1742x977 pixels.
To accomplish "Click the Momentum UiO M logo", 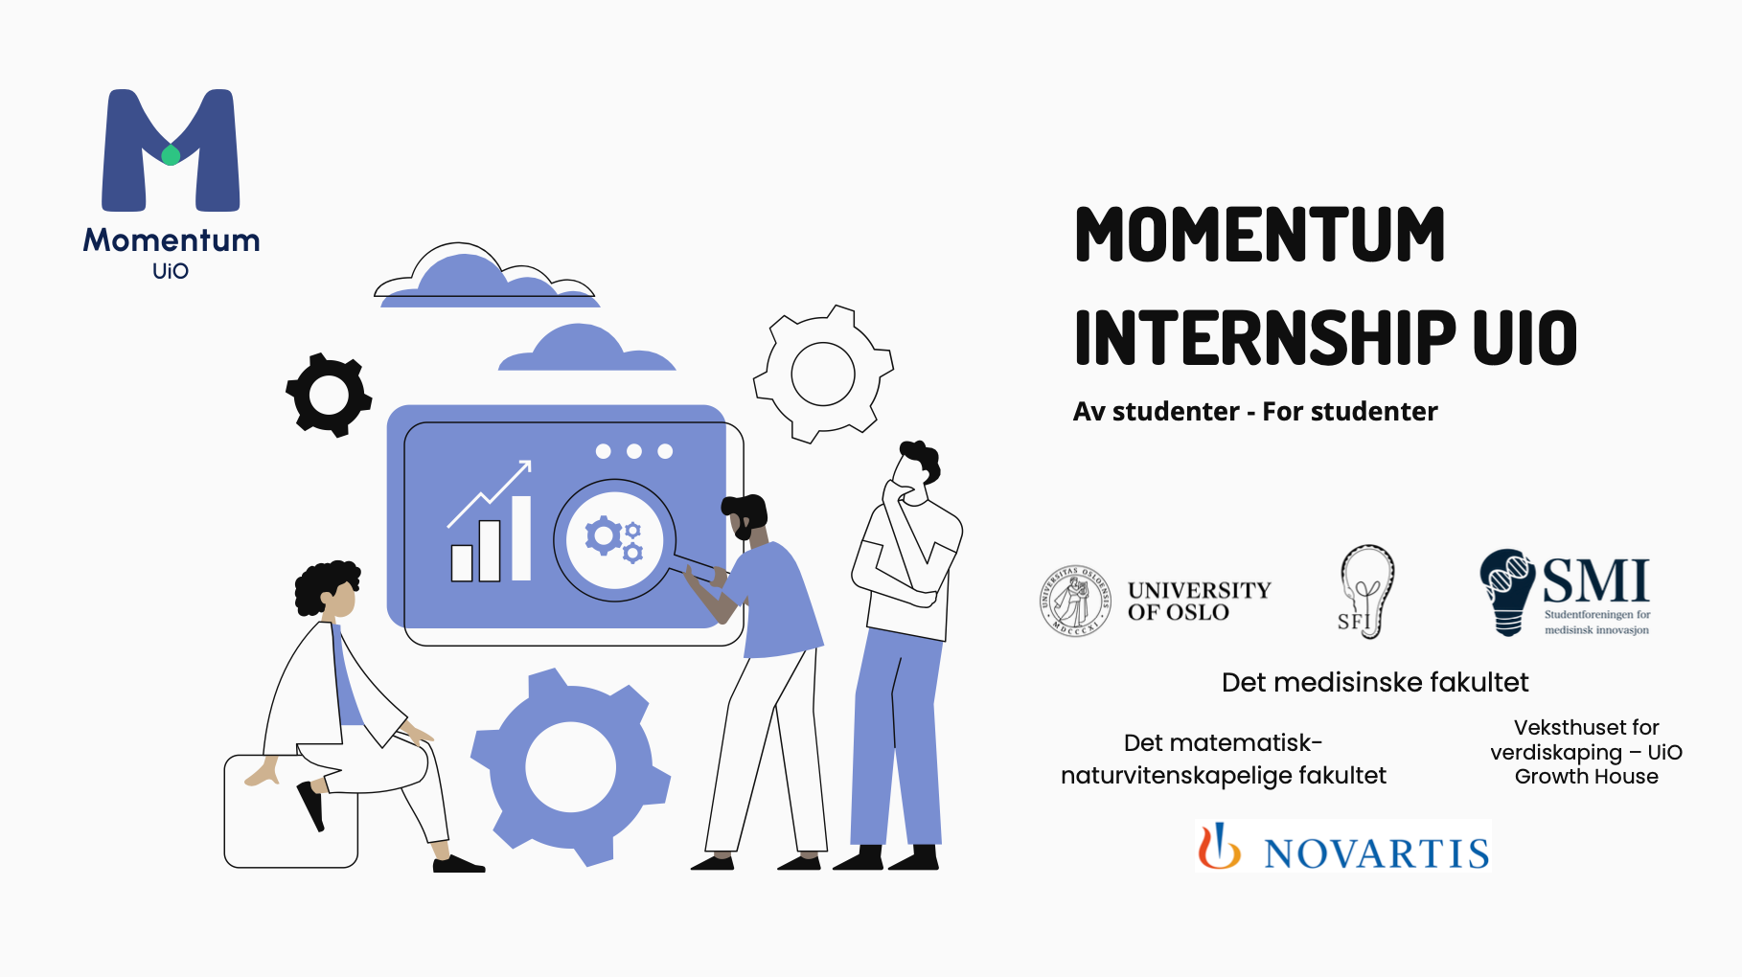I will click(171, 150).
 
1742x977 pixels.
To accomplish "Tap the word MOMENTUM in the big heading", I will click(1259, 235).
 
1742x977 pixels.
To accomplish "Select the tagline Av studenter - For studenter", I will click(1254, 412).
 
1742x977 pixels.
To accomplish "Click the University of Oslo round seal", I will click(1075, 601).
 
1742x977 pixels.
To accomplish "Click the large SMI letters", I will click(1594, 580).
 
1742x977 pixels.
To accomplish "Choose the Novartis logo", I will click(1343, 849).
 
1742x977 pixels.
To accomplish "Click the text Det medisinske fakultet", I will click(1374, 682).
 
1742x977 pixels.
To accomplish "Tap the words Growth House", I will click(1586, 777).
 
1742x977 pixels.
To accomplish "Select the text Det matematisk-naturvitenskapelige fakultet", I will click(1223, 759).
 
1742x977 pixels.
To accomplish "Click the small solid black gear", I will click(329, 395).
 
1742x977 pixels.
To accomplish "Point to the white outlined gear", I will click(823, 374).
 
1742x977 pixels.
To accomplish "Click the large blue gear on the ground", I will click(570, 766).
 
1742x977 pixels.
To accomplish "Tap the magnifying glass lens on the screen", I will click(614, 539).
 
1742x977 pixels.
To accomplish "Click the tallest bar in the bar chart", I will click(521, 537).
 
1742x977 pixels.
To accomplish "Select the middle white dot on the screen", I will click(634, 451).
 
